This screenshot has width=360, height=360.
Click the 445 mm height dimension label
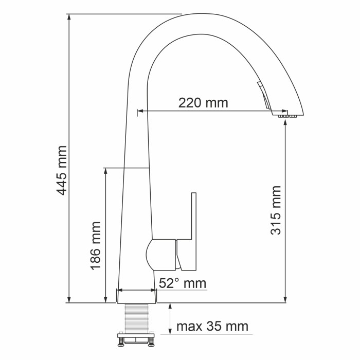(62, 170)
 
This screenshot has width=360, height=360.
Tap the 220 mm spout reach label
(203, 102)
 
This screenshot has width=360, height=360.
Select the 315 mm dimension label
(276, 210)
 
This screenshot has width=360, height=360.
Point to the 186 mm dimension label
(95, 246)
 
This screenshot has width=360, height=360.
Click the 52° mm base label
(182, 283)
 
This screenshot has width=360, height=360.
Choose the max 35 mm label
(212, 326)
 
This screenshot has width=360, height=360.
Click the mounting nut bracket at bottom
(135, 339)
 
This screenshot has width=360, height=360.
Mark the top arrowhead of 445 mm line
(69, 17)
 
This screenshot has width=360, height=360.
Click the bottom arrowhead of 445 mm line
(69, 299)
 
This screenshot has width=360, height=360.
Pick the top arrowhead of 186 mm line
(105, 172)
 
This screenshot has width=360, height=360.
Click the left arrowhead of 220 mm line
(140, 111)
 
